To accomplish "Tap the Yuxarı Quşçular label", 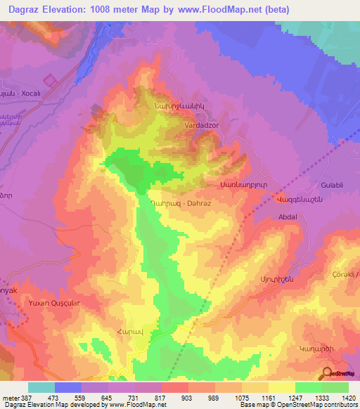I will (x=53, y=303).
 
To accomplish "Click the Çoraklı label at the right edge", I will (x=346, y=273).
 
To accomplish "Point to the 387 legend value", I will (x=26, y=398).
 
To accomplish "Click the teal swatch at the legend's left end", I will (x=41, y=387).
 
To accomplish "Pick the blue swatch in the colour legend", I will (x=68, y=387).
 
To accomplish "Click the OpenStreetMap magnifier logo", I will (x=326, y=372).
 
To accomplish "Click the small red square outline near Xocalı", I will (x=49, y=82).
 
